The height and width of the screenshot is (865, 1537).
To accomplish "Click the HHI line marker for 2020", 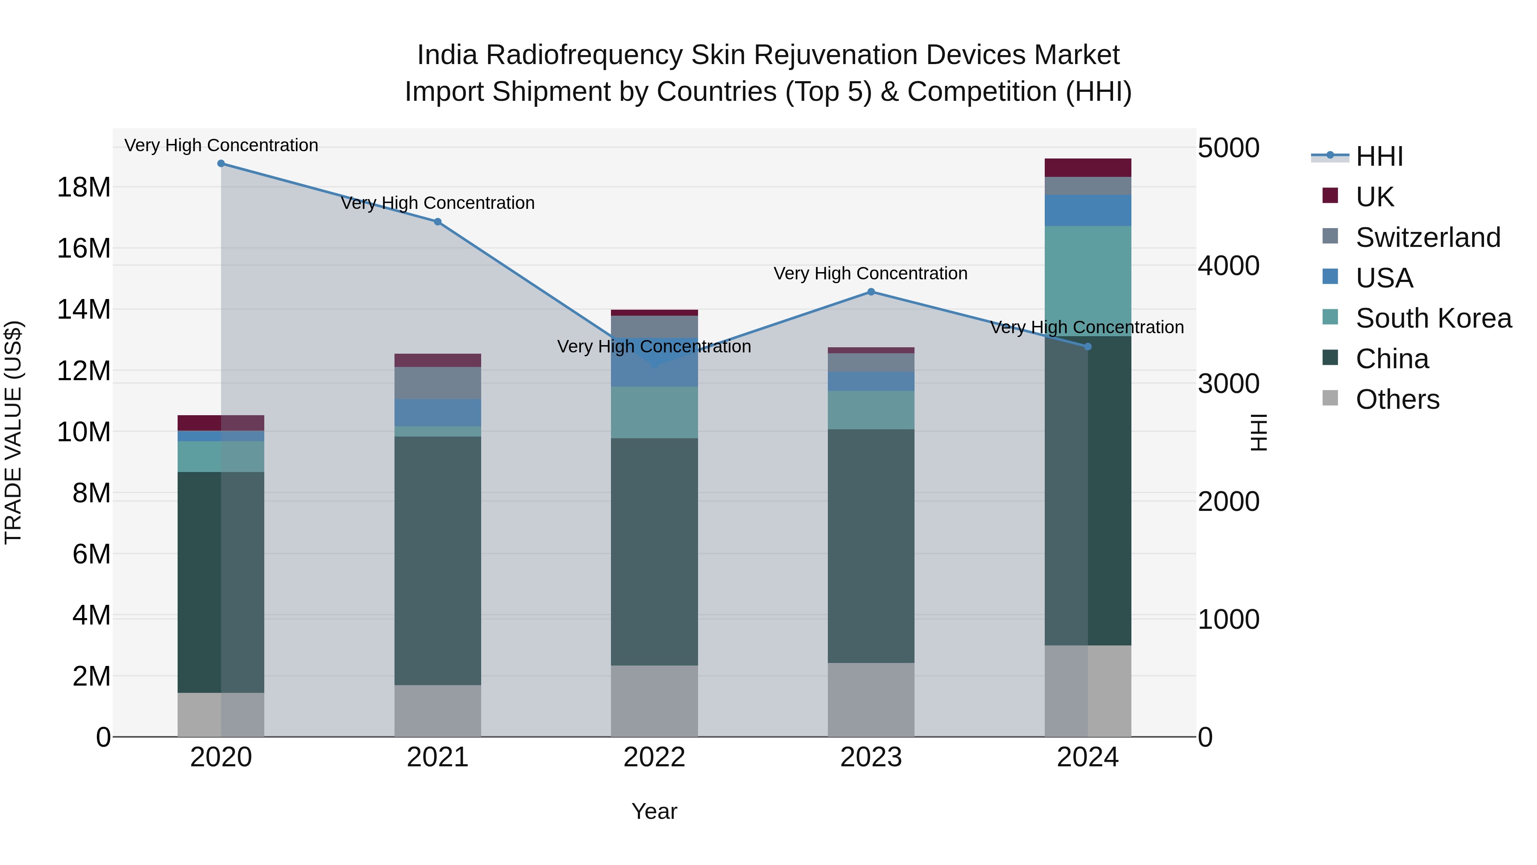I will [221, 164].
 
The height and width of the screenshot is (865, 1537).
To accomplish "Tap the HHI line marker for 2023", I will [871, 292].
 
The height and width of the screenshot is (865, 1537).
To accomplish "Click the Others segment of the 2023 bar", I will [871, 700].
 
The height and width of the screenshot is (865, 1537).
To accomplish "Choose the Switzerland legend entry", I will [1428, 238].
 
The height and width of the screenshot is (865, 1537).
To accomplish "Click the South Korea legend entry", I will [1433, 318].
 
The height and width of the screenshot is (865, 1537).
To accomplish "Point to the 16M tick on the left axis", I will [84, 248].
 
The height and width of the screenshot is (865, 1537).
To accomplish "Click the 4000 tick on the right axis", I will [1228, 266].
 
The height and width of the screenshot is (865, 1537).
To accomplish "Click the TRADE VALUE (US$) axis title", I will [13, 432].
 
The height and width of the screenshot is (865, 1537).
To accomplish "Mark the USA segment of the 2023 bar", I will [871, 381].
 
